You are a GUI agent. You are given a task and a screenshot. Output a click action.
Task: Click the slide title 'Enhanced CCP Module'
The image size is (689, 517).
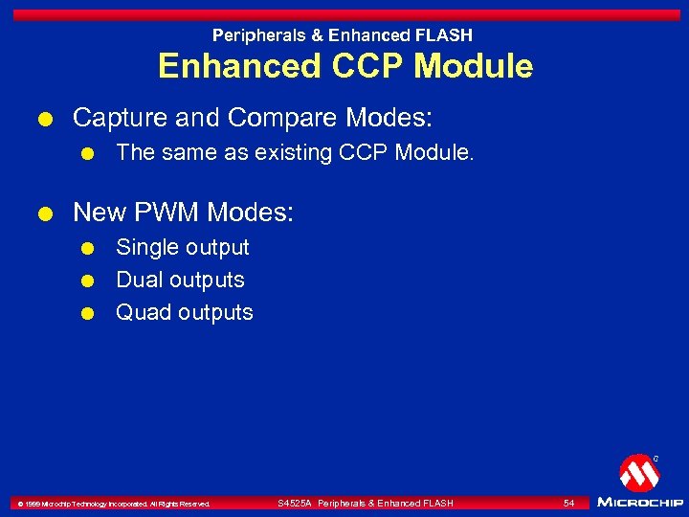point(344,66)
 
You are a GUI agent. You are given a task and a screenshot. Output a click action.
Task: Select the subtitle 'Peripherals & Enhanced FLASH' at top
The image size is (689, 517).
point(343,35)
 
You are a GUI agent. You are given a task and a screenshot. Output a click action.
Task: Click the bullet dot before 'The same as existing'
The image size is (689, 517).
point(87,152)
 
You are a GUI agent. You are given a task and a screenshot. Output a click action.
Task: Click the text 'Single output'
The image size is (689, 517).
point(182,247)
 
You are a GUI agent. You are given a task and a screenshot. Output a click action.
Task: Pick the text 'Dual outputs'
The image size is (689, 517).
point(180,280)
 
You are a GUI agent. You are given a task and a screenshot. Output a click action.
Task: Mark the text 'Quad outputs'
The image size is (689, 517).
point(184,312)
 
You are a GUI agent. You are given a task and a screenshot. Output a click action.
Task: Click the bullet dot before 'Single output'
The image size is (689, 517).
point(87,248)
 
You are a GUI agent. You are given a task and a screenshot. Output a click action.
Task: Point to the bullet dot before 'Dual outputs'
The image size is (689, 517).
point(87,281)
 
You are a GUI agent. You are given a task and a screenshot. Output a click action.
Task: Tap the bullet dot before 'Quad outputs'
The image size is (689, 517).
point(87,313)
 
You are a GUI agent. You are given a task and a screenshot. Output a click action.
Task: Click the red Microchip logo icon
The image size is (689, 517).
point(638,473)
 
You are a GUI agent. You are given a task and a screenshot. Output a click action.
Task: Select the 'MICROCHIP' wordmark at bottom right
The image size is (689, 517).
point(639,502)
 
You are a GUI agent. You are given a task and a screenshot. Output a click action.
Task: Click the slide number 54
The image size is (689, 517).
point(568,503)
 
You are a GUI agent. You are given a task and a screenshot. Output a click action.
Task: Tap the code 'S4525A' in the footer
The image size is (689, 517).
point(294,503)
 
